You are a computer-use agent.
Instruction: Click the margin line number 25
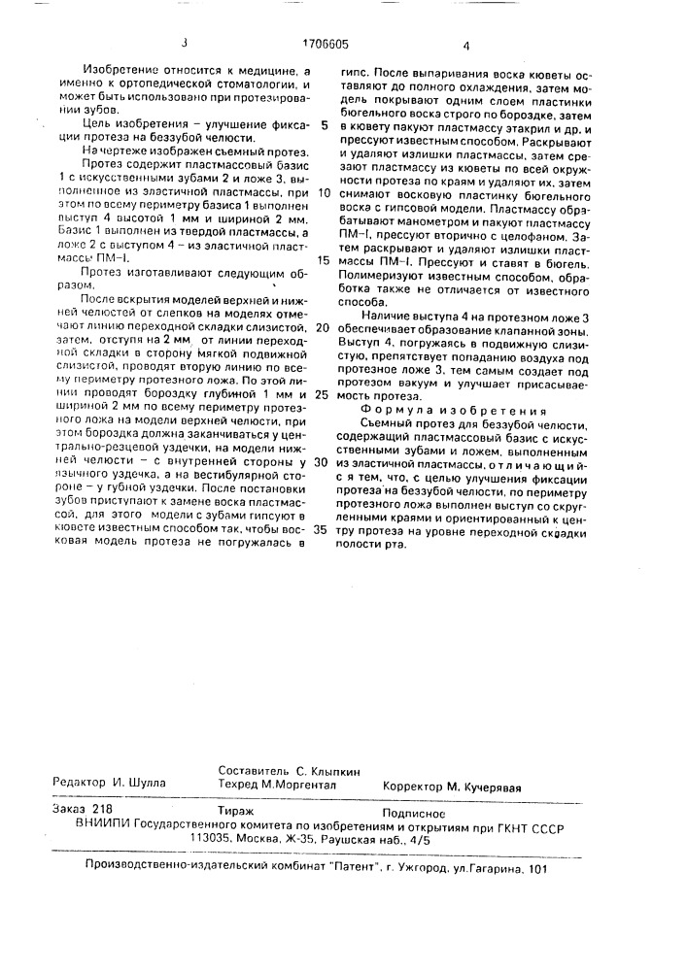point(324,395)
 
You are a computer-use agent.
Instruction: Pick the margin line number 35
point(324,529)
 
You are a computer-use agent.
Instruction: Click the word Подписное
point(414,808)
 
